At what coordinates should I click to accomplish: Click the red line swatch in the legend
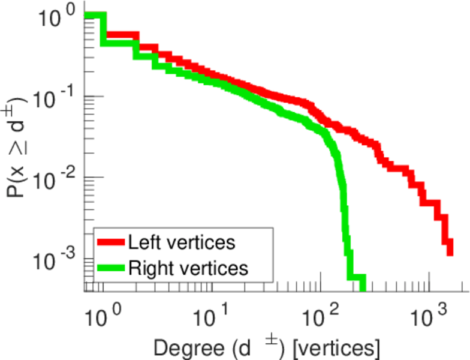point(110,242)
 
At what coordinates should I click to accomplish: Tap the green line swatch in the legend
point(110,268)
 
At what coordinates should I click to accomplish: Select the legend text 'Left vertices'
point(181,242)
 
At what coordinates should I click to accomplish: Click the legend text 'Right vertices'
point(187,268)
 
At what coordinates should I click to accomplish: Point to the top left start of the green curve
point(87,16)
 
